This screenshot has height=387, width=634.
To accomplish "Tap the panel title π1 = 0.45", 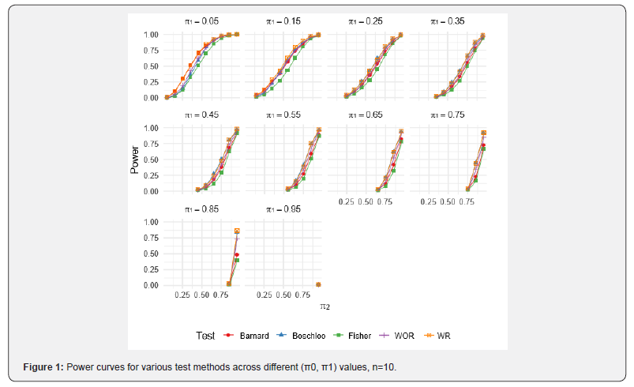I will tap(202, 115).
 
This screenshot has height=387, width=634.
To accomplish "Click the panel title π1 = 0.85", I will tap(202, 209).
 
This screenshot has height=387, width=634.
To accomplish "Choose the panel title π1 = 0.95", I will tap(284, 209).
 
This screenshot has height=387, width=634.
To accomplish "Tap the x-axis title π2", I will tap(325, 305).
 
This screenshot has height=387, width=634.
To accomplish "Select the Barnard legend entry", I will tap(248, 336).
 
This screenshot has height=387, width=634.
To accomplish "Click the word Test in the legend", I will tap(204, 336).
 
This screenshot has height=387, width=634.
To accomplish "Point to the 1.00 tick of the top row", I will tap(152, 35).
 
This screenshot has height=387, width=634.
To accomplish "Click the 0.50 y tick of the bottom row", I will tap(152, 254).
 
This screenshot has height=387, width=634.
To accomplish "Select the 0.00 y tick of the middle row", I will tap(152, 191).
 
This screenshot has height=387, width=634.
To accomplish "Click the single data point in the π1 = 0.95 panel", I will tap(318, 284).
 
